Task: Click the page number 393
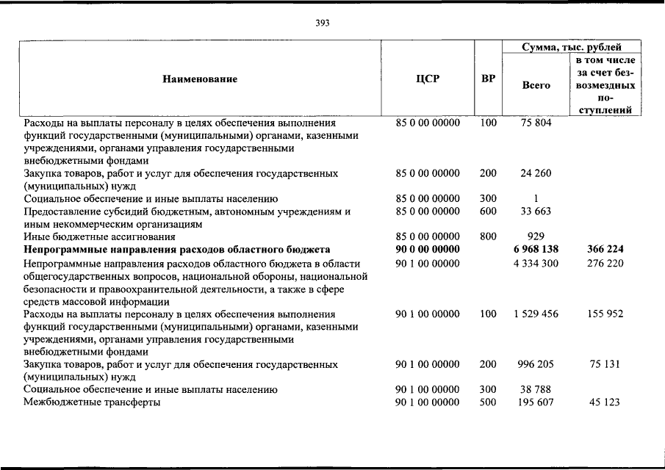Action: [x=322, y=23]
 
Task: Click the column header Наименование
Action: [x=200, y=79]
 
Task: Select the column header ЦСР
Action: [x=428, y=79]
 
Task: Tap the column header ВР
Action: [x=487, y=79]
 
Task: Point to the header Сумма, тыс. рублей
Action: [x=572, y=47]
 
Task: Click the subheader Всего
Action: [x=536, y=85]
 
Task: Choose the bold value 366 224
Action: [x=605, y=250]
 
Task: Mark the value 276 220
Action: [x=605, y=263]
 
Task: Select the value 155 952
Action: [x=605, y=314]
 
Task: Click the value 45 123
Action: [x=605, y=402]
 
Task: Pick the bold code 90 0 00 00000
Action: [x=428, y=250]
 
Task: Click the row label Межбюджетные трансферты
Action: [x=92, y=402]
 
